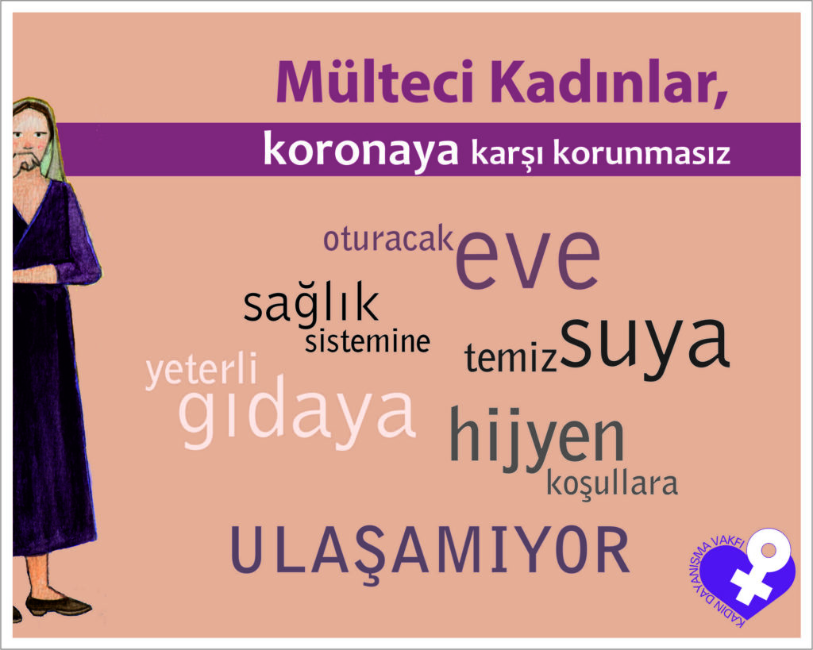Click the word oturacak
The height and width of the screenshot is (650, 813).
387,240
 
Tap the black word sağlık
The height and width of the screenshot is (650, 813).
311,306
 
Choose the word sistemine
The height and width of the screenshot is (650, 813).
368,341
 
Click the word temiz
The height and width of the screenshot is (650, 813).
511,358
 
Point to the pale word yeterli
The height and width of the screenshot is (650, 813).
202,370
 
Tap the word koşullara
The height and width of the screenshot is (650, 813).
612,484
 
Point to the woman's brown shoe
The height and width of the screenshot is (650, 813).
58,605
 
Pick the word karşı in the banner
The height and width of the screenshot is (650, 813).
506,153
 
